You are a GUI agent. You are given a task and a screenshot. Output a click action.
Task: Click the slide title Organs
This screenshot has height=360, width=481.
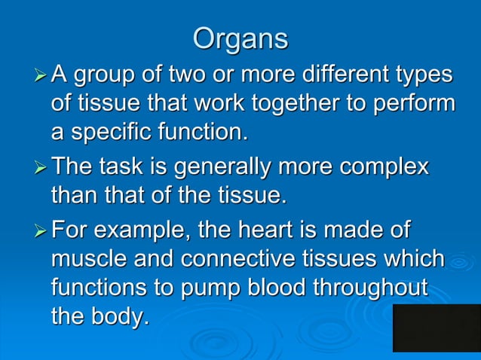[240, 39]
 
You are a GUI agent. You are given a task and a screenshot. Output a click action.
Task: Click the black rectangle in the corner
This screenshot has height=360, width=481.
[437, 328]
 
